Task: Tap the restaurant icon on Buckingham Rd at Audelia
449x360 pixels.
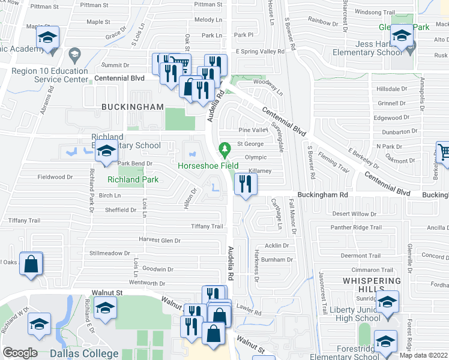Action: click(x=245, y=184)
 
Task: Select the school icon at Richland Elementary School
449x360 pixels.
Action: click(x=106, y=153)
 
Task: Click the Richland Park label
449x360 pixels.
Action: click(x=132, y=179)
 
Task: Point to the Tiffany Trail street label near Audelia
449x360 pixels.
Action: click(x=207, y=226)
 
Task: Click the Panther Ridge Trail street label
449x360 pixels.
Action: click(x=357, y=227)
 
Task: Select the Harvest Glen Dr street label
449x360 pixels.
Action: click(x=160, y=240)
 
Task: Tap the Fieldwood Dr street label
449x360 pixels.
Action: click(x=55, y=177)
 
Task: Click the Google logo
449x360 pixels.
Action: click(x=20, y=353)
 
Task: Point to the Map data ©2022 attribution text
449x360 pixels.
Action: click(x=424, y=355)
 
